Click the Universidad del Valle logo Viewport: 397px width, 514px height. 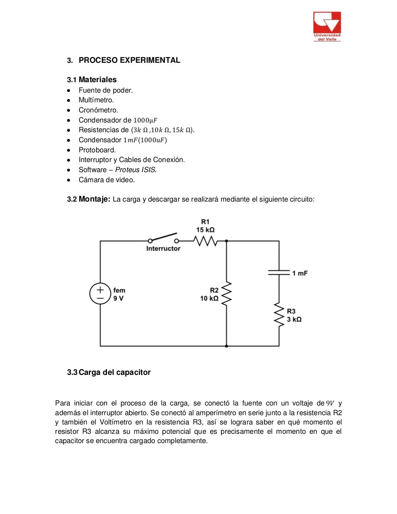[x=327, y=26]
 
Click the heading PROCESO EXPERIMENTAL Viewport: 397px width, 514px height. [x=129, y=60]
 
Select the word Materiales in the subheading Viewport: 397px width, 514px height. [x=97, y=79]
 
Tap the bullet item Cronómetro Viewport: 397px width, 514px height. [x=98, y=110]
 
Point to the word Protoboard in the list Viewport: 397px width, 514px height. [x=97, y=150]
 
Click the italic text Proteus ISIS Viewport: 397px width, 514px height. [x=135, y=170]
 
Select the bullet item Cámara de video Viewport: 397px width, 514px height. [x=107, y=180]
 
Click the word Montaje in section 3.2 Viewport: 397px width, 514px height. [x=94, y=199]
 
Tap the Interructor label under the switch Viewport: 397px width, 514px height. [x=163, y=248]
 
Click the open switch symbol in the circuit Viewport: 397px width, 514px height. [x=163, y=238]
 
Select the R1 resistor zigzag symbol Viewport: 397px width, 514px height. [x=205, y=241]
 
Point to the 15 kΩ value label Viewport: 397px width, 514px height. [x=205, y=230]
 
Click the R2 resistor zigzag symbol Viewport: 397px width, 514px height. [x=226, y=293]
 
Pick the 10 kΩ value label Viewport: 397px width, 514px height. [x=209, y=298]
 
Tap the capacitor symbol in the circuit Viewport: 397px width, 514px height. [x=279, y=273]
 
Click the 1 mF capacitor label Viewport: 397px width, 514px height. [x=300, y=273]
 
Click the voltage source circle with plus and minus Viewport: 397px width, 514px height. [x=100, y=293]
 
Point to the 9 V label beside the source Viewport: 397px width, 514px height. [x=118, y=298]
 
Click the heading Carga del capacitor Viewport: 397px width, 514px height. [x=114, y=372]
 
